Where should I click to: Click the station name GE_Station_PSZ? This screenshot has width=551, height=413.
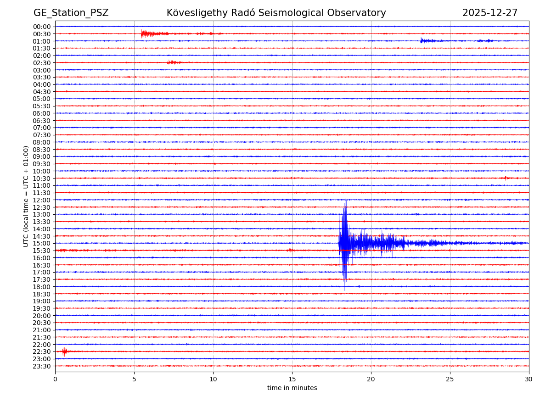click(x=71, y=13)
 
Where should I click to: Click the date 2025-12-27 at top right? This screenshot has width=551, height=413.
click(x=489, y=13)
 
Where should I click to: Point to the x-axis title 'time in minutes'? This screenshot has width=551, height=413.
click(x=292, y=388)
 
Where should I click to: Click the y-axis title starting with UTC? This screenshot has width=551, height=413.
click(x=26, y=196)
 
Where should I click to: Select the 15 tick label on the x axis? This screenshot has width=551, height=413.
click(x=292, y=379)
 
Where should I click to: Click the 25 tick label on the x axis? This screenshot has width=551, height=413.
click(x=450, y=379)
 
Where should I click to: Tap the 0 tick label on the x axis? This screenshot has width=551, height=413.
click(x=55, y=379)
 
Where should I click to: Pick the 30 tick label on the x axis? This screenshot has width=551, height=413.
click(x=529, y=379)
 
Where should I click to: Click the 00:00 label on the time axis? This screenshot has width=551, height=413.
click(x=42, y=27)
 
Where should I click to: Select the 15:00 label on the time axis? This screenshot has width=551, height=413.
click(x=42, y=243)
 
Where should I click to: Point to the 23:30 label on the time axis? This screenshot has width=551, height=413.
click(x=42, y=366)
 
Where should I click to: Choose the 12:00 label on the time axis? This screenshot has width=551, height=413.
click(x=42, y=200)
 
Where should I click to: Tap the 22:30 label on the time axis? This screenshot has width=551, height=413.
click(x=42, y=352)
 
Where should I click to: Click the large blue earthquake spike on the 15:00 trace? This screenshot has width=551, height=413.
click(x=344, y=243)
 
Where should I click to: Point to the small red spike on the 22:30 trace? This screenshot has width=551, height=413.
click(x=64, y=352)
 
